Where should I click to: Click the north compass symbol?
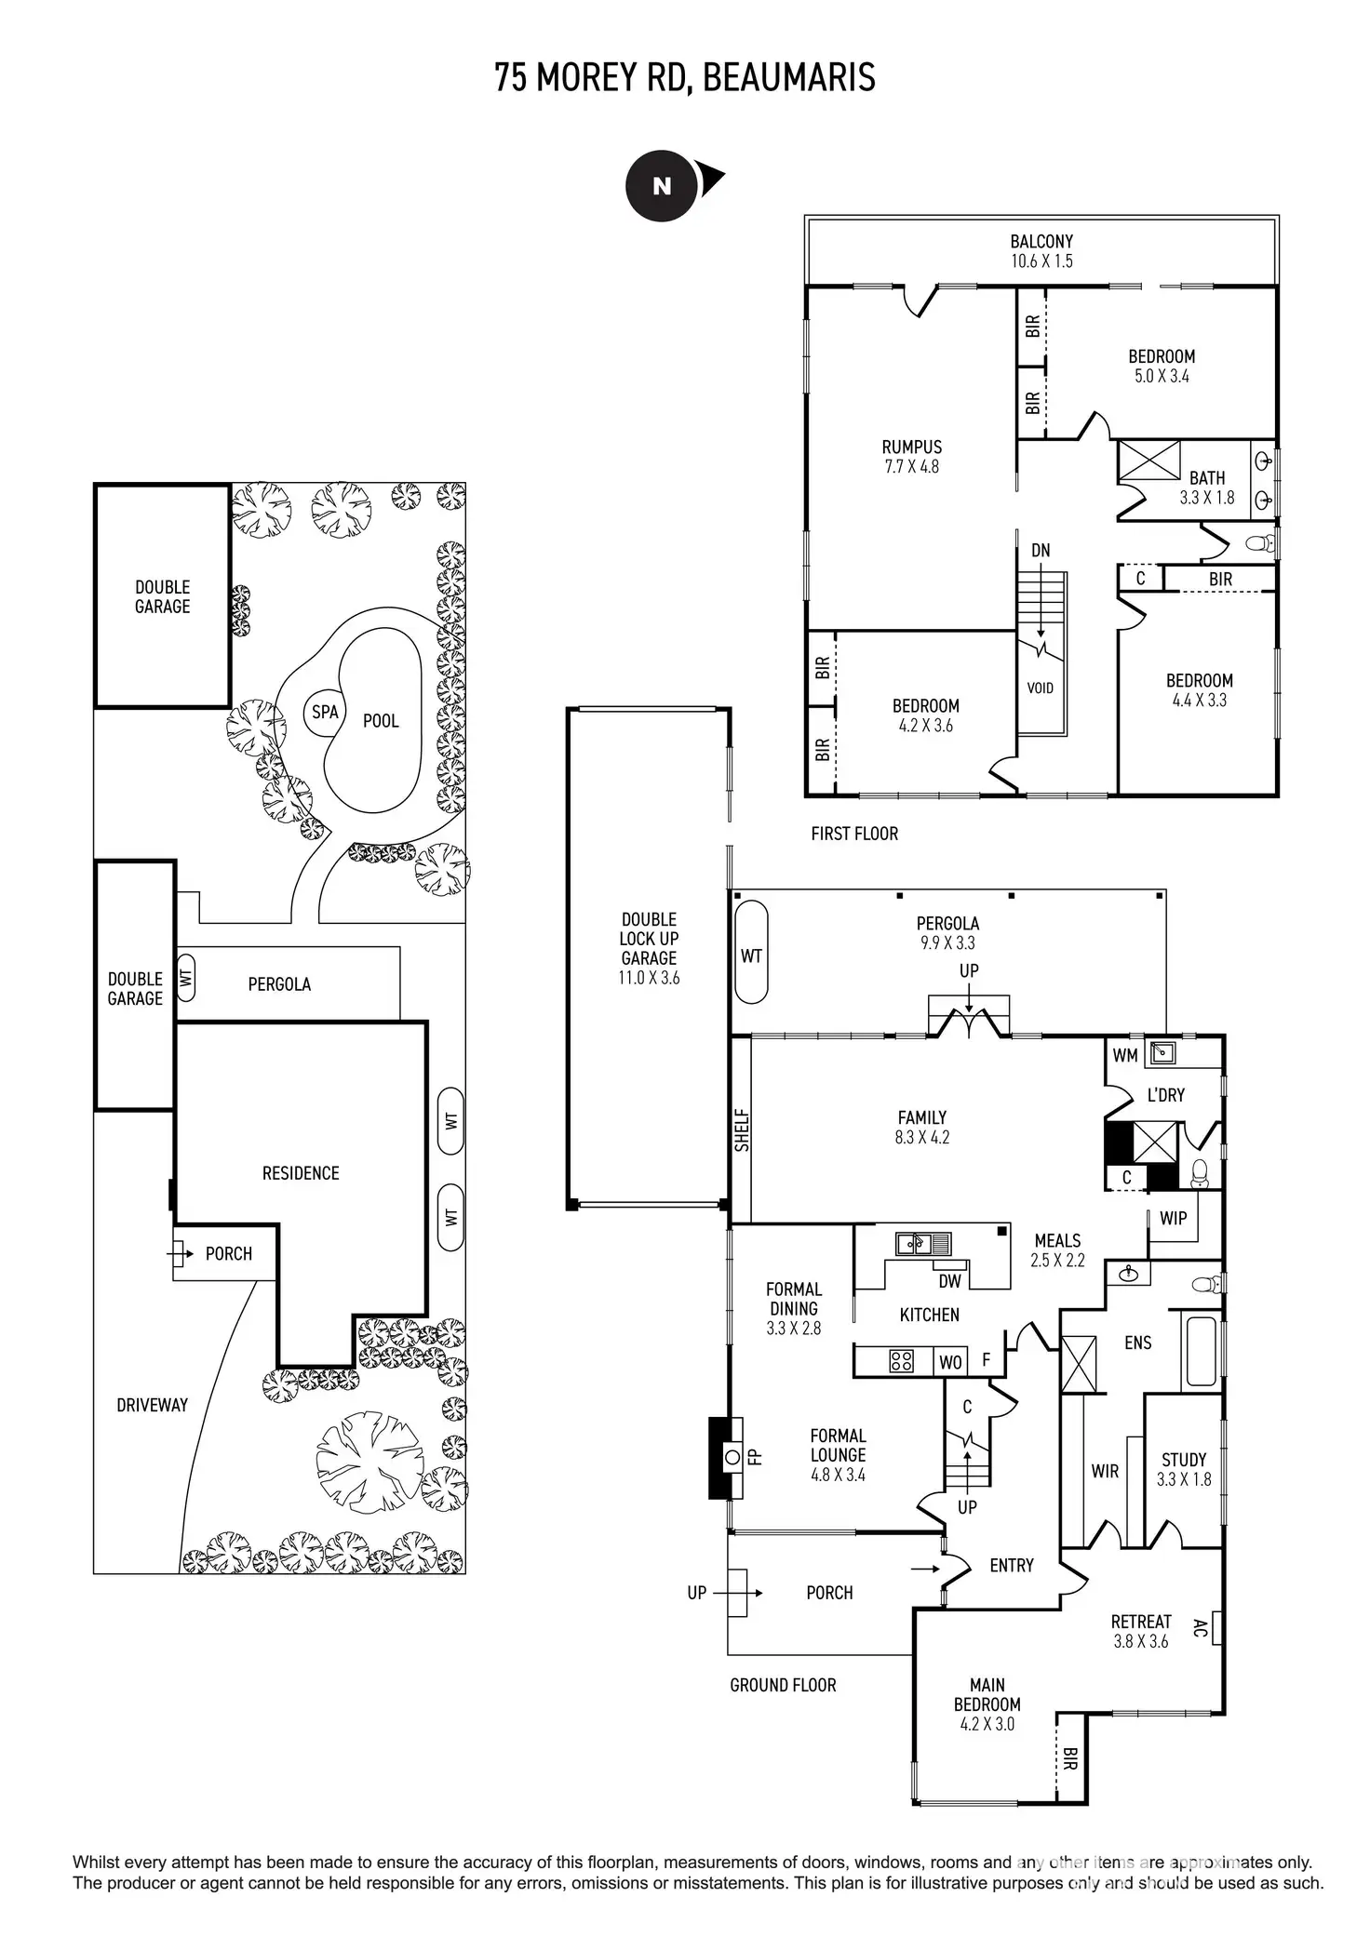coord(662,186)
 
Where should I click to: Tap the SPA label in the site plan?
coord(325,713)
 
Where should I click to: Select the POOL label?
coord(381,721)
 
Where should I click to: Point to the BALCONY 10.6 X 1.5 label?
coord(1041,251)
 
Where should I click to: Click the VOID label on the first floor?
coord(1040,688)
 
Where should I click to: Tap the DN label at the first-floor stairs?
coord(1041,551)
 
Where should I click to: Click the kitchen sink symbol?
coord(923,1244)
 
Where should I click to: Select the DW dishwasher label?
coord(949,1281)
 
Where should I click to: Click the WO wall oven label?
coord(950,1363)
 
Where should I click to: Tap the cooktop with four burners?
coord(901,1362)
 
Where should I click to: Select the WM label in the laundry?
coord(1125,1055)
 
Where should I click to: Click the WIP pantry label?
coord(1173,1218)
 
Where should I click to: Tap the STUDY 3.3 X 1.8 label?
coord(1184,1469)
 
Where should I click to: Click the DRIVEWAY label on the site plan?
coord(152,1405)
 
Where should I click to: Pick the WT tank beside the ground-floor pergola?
coord(751,955)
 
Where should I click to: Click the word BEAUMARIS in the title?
coord(788,78)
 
